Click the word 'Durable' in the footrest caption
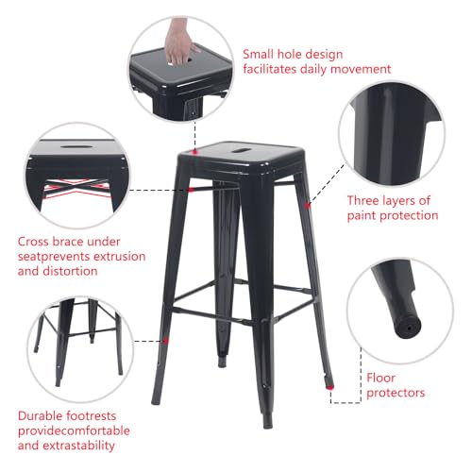point(43,414)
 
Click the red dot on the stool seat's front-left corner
point(194,152)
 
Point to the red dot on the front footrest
point(166,340)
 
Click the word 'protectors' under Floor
point(395,392)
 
